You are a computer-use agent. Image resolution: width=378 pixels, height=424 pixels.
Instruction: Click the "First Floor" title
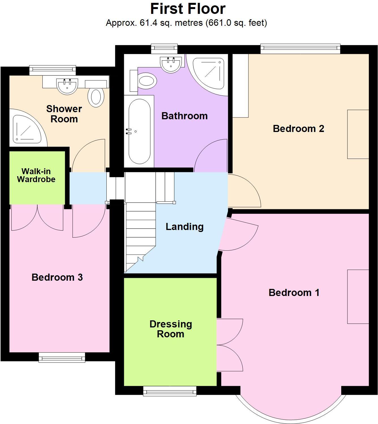click(188, 9)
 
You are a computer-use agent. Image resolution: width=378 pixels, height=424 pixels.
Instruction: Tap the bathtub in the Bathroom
click(139, 131)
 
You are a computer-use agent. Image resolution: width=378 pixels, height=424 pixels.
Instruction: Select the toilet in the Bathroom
click(146, 81)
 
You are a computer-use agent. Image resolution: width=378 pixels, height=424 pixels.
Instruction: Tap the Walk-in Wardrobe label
click(36, 175)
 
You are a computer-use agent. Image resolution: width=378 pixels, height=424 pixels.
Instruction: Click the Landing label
click(184, 227)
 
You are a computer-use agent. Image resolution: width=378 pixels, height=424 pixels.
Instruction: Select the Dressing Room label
click(171, 329)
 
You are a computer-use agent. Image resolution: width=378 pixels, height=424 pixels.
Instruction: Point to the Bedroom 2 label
click(298, 129)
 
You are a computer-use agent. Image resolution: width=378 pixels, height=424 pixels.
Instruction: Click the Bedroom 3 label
click(57, 277)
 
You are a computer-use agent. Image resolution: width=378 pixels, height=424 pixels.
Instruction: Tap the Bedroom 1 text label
click(294, 293)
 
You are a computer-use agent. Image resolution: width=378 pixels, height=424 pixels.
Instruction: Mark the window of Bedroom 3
click(62, 357)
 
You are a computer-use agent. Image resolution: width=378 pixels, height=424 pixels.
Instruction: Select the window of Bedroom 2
click(300, 48)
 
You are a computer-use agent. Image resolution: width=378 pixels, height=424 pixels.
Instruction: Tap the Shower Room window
click(53, 70)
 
